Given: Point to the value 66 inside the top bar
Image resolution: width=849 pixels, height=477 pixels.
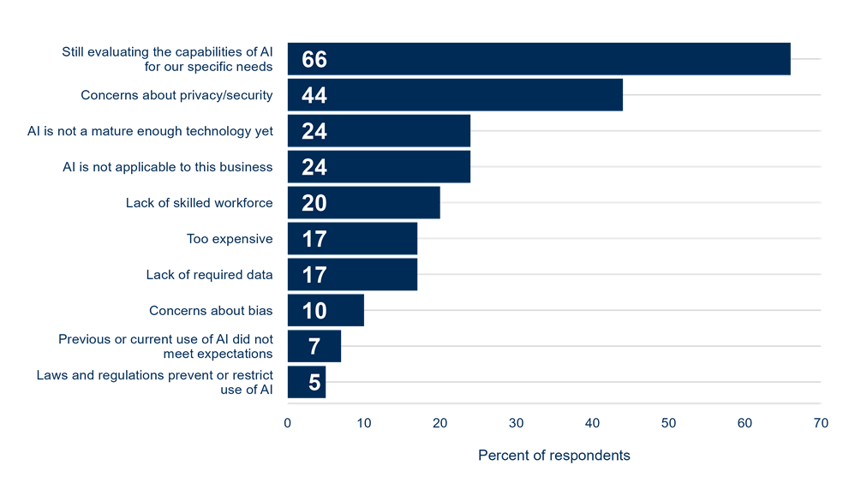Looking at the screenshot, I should pos(314,59).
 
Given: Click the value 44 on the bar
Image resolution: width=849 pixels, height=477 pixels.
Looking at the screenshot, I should pos(314,95).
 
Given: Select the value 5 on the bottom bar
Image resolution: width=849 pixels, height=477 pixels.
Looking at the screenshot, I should pos(314,382).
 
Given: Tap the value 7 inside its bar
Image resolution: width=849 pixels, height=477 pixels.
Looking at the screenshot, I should pos(314,346).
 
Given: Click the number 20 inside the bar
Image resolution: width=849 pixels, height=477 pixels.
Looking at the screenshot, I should pos(314,203).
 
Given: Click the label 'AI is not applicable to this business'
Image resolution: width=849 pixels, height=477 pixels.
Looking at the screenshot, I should pos(168,167).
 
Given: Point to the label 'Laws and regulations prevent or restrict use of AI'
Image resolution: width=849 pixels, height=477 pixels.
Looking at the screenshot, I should pos(154,382).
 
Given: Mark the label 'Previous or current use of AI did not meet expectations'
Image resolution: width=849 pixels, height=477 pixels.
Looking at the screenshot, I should pos(165,346).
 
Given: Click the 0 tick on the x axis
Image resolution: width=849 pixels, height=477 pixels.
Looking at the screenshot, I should pos(287,422).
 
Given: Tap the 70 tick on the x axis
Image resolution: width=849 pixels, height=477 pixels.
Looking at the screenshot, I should pos(821,422).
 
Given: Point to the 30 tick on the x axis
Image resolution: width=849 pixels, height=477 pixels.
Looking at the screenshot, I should pos(516,422).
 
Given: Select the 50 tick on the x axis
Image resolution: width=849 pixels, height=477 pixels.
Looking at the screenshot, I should pos(668,422).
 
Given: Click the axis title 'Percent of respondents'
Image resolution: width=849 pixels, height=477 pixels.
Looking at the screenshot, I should pos(553,454).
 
